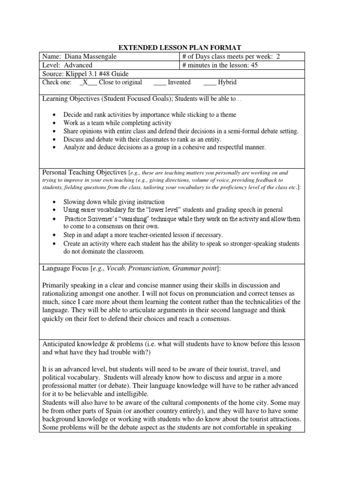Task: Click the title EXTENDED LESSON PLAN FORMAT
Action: pos(180,47)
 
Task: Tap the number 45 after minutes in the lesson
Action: pos(254,65)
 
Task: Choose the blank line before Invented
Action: pos(159,82)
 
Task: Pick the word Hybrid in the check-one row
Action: pos(227,82)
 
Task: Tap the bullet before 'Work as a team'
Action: pos(56,123)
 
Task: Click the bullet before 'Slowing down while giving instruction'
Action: pos(56,202)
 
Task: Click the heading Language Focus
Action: pos(64,268)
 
